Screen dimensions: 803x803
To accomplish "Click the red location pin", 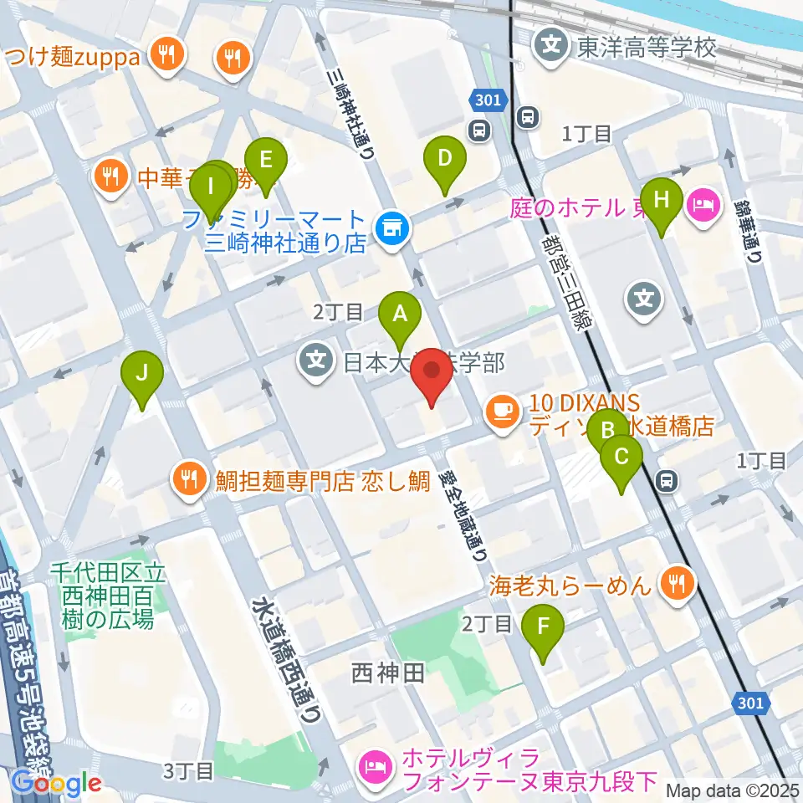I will pyautogui.click(x=432, y=376).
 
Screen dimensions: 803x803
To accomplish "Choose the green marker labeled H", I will pyautogui.click(x=662, y=201).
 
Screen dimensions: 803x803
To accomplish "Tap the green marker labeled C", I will pyautogui.click(x=621, y=458).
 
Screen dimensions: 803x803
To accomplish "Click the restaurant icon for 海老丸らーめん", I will pyautogui.click(x=676, y=582).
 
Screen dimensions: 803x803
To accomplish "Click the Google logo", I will pyautogui.click(x=56, y=783).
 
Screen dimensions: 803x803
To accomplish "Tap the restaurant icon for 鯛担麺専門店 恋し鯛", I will pyautogui.click(x=186, y=479).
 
